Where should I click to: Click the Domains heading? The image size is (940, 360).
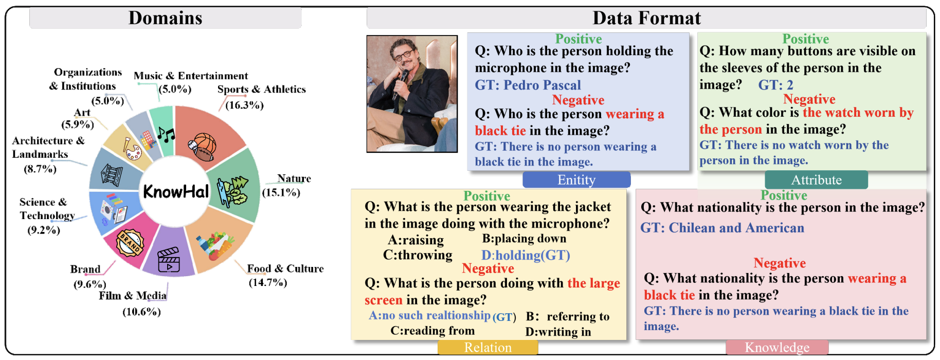coord(165,18)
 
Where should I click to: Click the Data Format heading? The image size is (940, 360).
coord(646,18)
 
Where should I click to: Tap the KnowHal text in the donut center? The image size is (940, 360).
coord(176,191)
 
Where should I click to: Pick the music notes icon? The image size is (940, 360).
coord(166,135)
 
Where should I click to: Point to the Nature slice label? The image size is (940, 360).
coord(294,178)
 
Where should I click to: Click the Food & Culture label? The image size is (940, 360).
coord(285,268)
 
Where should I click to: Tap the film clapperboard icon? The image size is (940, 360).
coord(169,259)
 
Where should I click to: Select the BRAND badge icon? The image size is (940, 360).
coord(130,243)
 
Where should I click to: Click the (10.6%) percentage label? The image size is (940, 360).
coord(141,312)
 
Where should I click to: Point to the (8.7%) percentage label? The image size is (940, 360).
coord(40,169)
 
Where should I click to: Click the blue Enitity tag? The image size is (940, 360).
coord(576,179)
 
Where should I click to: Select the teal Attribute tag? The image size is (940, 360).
coord(816,179)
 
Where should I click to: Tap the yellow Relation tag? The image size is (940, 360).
coord(487,348)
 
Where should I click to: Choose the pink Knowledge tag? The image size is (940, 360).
coord(777,348)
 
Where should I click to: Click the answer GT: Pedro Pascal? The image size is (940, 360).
coord(528,85)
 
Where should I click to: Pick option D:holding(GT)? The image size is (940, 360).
coord(526,255)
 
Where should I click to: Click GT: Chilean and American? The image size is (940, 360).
coord(722,228)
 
